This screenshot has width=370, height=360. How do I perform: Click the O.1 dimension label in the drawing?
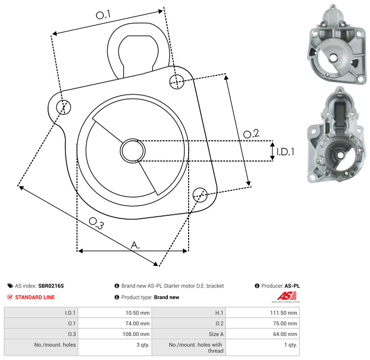click(103, 14)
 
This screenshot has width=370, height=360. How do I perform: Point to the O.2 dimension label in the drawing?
click(251, 134)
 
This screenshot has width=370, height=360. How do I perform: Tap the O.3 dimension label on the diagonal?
click(96, 223)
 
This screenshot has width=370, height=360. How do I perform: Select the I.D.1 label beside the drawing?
click(285, 152)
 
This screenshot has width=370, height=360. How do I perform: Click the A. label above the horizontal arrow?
click(135, 245)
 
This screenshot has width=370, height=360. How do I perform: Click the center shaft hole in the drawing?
click(133, 151)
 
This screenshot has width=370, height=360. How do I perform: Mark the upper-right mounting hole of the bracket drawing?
click(177, 82)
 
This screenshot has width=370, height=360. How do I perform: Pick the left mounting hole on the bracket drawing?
click(64, 107)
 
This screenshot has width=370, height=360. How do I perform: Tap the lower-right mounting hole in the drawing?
click(200, 195)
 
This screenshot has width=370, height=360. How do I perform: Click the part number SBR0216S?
click(51, 286)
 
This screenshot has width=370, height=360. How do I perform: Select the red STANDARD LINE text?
click(35, 298)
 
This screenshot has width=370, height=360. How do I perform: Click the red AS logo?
click(286, 296)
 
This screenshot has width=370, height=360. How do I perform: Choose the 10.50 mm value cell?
click(137, 313)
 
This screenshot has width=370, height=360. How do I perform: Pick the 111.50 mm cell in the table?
click(283, 313)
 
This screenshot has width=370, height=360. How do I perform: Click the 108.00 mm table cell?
click(136, 334)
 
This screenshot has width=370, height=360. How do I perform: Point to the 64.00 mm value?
click(285, 334)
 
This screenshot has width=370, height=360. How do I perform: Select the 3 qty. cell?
click(143, 345)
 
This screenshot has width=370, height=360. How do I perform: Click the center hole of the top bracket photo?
click(333, 58)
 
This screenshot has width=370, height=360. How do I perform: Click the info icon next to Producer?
click(257, 286)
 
